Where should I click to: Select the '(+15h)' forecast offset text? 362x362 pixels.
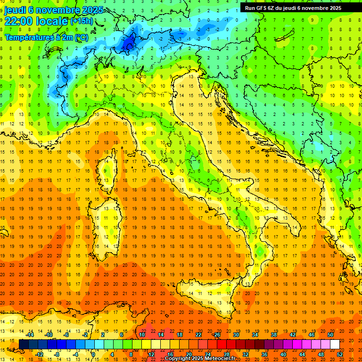click(x=82, y=21)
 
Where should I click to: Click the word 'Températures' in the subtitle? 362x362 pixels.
click(x=28, y=37)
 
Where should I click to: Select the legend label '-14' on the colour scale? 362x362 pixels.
click(x=30, y=335)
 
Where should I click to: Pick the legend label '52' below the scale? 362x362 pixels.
click(x=339, y=354)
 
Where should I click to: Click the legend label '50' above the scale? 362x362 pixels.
click(x=330, y=335)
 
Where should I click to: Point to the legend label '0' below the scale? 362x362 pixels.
click(x=93, y=354)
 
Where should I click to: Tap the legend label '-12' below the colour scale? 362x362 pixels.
click(x=39, y=354)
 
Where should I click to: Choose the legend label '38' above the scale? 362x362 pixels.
click(x=274, y=335)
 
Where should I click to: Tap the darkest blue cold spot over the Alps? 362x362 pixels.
click(x=128, y=43)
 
